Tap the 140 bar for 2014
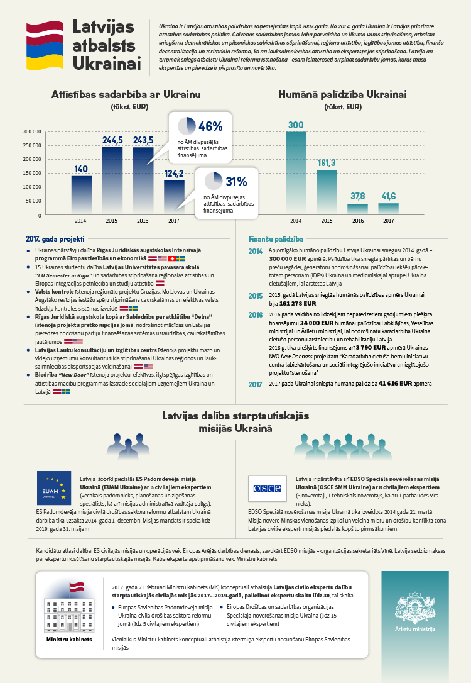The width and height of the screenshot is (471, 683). [81, 195]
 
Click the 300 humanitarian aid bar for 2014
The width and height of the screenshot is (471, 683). [296, 173]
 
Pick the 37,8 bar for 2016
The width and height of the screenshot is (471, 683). [357, 209]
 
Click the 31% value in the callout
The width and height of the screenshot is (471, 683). [236, 182]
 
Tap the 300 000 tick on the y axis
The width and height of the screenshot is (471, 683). [31, 131]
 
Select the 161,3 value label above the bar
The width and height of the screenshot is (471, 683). [327, 163]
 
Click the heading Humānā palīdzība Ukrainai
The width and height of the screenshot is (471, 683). [342, 95]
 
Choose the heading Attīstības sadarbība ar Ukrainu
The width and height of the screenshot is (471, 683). [126, 95]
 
